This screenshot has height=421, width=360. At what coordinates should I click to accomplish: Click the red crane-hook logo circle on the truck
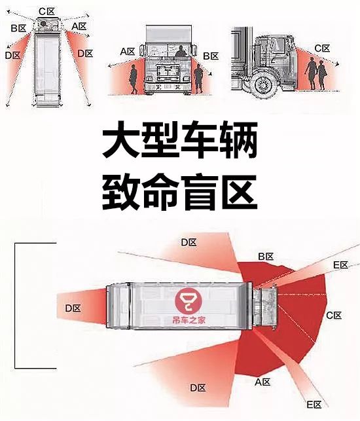coord(189,301)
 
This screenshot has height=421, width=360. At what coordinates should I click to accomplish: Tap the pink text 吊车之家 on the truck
coord(189,320)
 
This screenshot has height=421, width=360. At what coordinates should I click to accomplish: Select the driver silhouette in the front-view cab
coord(181,51)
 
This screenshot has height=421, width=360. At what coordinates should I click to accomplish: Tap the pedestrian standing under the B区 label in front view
coord(198,79)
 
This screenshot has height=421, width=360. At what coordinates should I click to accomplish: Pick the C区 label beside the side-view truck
coord(322,48)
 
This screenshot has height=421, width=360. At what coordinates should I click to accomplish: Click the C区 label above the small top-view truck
coord(46,12)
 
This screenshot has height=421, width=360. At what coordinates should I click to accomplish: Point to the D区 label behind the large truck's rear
coord(73,308)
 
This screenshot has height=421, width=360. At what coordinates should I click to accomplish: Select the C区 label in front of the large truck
coord(334,315)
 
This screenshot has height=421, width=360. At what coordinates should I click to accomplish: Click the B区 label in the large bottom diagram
coord(266,257)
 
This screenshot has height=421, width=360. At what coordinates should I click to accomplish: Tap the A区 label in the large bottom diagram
coord(262,382)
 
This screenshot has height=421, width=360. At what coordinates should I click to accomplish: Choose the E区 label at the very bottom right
coord(314,405)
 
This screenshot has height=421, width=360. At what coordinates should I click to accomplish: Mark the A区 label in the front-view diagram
coord(128,51)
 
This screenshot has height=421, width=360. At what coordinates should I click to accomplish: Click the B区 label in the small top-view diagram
coord(18,28)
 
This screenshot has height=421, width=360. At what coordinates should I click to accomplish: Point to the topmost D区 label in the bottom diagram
coord(189,242)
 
